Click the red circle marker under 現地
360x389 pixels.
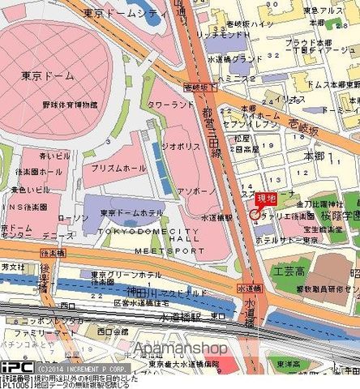coord(255,215)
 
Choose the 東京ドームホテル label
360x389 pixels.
coord(131,213)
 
